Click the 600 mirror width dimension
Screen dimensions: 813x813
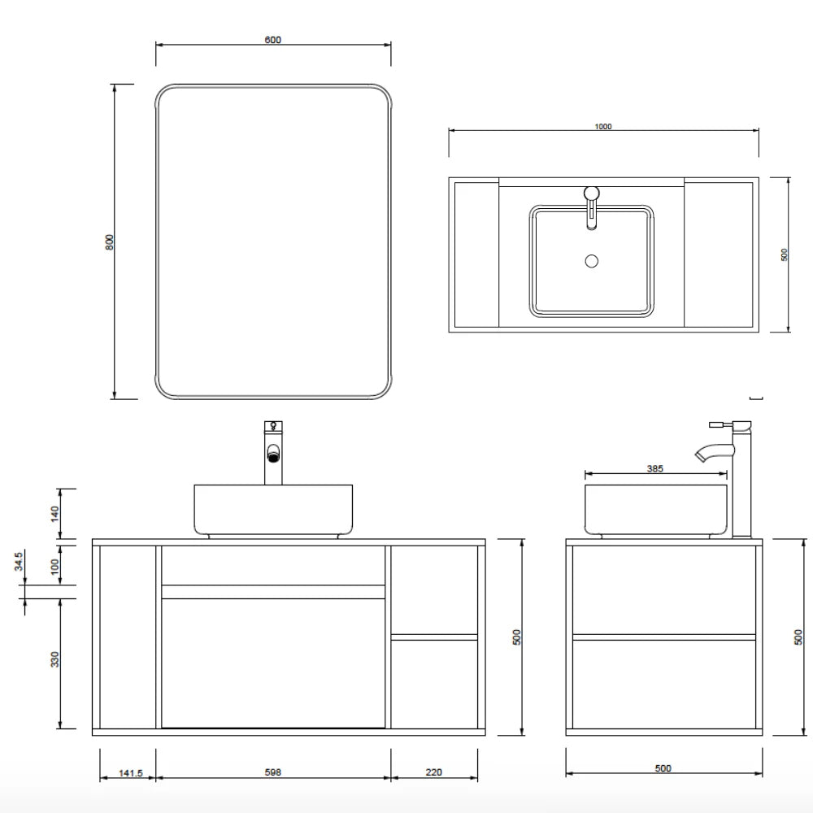point(273,40)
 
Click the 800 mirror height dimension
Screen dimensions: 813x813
point(110,241)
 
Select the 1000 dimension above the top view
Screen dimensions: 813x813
point(602,126)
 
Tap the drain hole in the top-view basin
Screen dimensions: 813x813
point(592,261)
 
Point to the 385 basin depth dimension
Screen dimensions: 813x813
point(655,468)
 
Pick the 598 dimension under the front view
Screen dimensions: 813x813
point(273,772)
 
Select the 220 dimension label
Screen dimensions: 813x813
point(434,772)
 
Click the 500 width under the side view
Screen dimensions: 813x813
point(663,768)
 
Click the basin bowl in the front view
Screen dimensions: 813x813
point(273,508)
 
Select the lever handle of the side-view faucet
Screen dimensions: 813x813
point(720,424)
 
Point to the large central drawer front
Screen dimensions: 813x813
point(273,663)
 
